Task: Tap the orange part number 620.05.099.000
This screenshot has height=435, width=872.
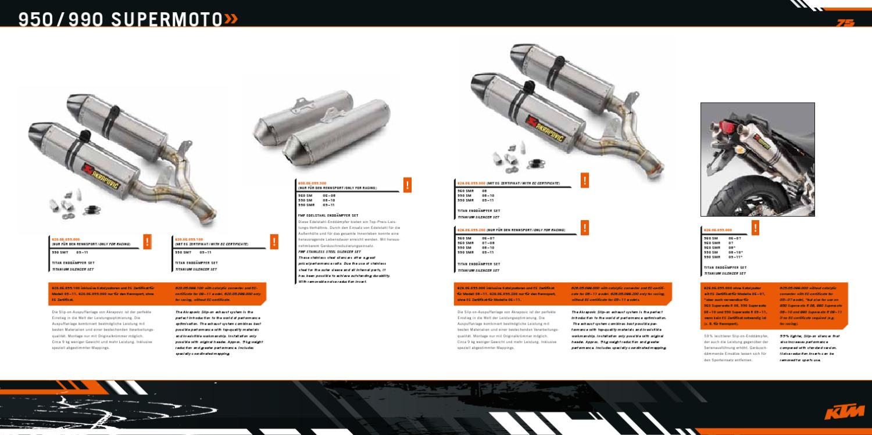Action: pos(65,239)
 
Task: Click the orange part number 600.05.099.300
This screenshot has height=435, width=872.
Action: pos(312,183)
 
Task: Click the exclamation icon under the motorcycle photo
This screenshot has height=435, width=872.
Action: pos(755,226)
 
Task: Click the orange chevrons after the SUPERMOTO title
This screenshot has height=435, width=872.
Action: pos(231,19)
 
